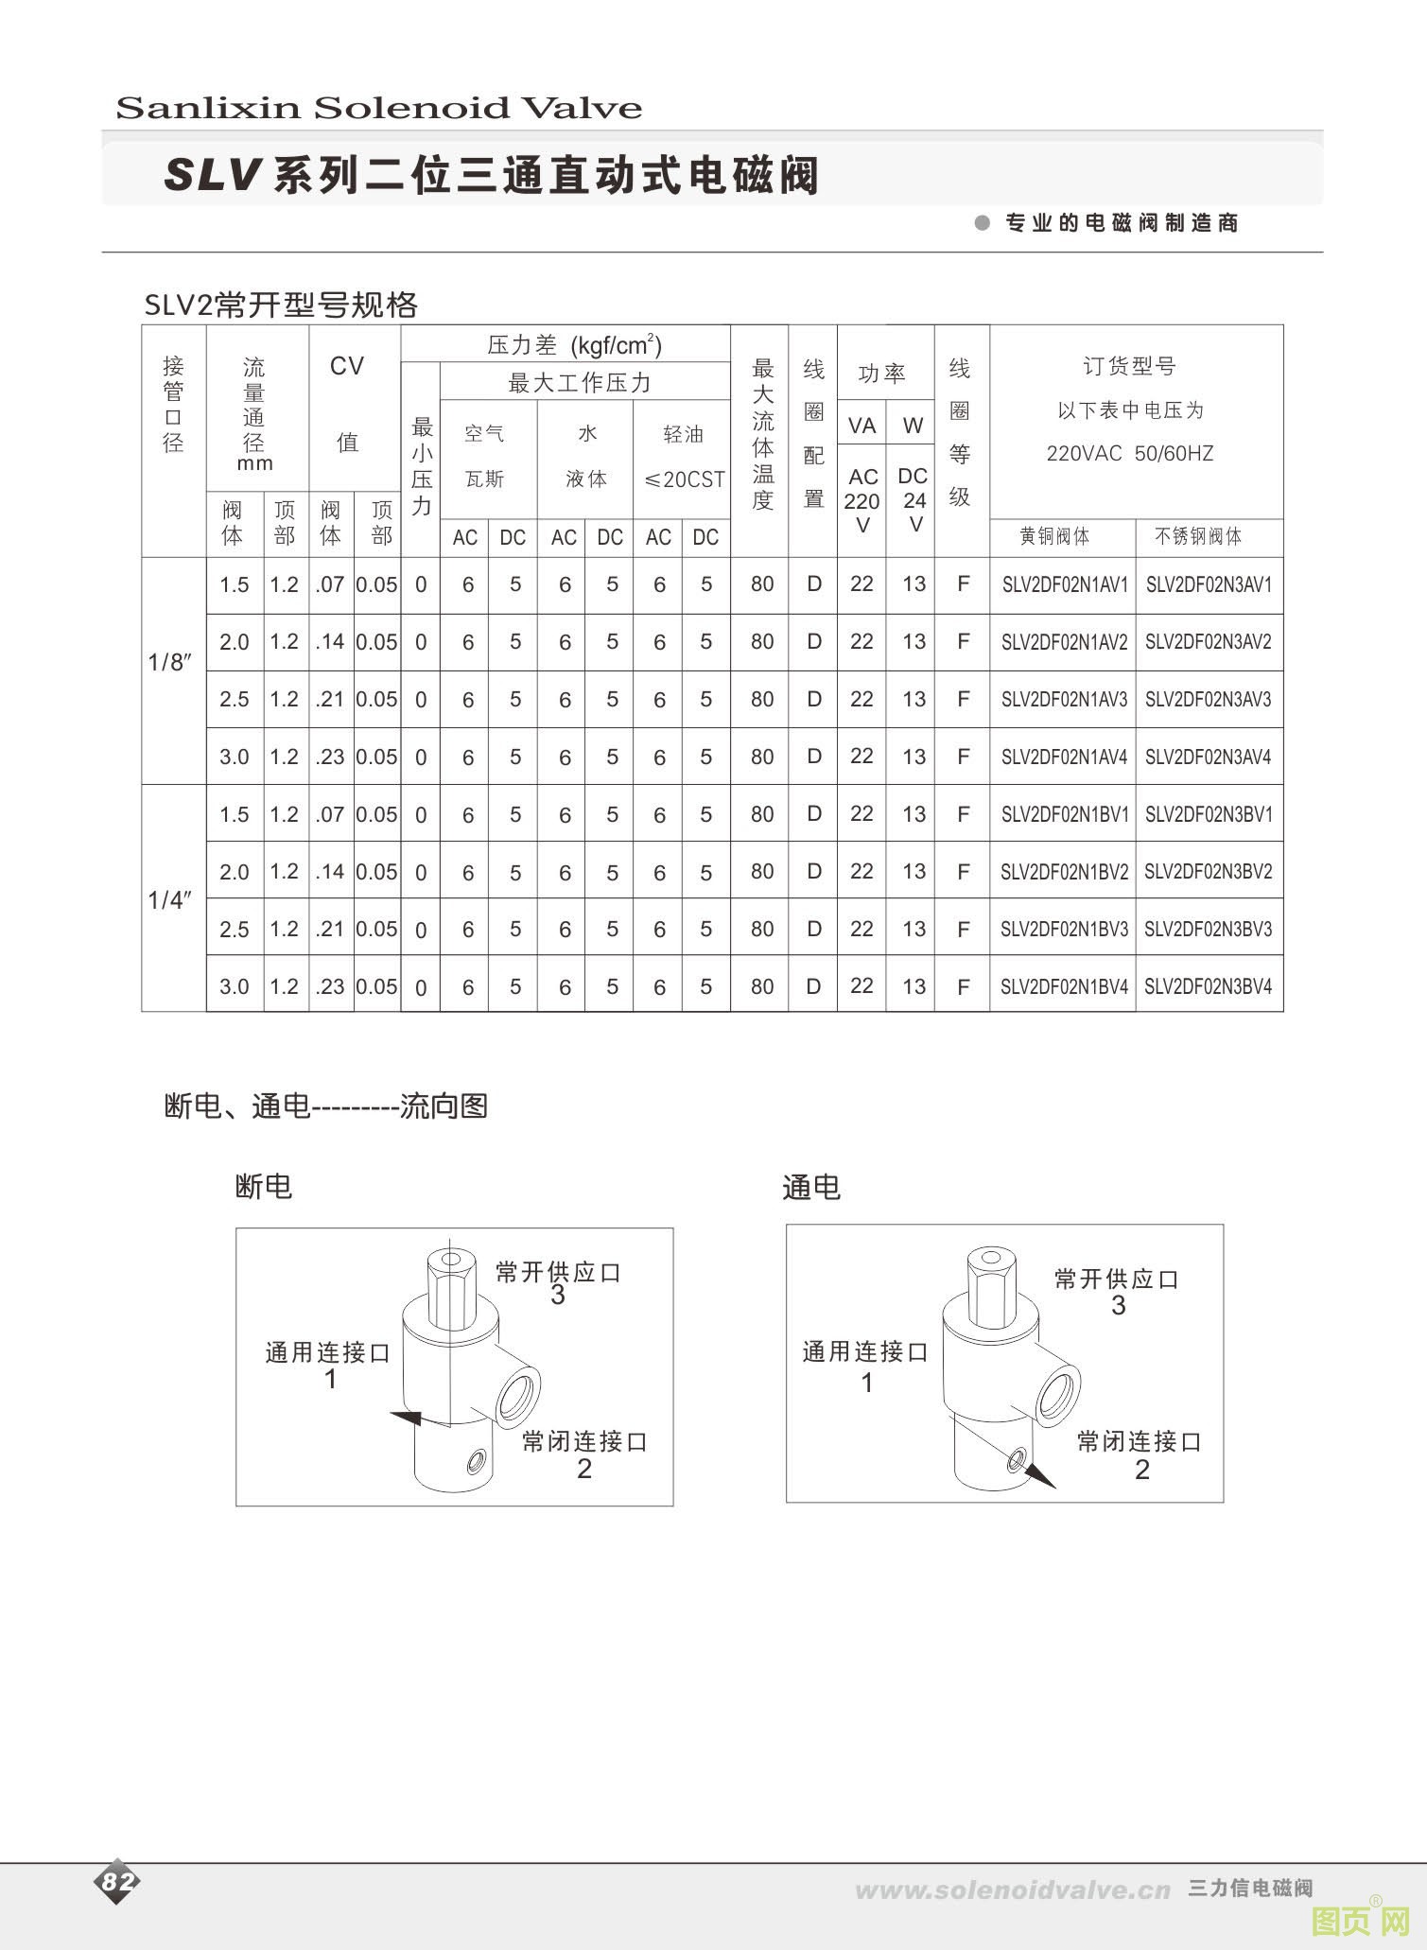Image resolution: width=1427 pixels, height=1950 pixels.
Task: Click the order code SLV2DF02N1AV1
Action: point(1065,584)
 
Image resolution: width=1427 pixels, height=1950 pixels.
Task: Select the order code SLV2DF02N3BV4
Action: point(1208,986)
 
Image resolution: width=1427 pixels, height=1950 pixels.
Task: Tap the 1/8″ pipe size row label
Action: point(170,662)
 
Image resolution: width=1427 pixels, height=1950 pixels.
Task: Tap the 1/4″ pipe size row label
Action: point(170,900)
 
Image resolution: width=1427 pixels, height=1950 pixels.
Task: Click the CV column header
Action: point(347,367)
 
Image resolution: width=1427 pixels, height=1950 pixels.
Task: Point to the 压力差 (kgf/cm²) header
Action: point(574,345)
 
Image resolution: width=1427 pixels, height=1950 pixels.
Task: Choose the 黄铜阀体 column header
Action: point(1054,536)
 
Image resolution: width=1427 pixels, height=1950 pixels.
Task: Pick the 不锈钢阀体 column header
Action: point(1197,536)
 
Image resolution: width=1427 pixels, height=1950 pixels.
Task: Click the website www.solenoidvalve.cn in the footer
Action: point(1012,1890)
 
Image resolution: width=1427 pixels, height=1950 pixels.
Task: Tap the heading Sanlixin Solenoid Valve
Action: point(378,108)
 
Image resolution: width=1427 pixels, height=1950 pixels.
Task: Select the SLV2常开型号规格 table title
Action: point(281,305)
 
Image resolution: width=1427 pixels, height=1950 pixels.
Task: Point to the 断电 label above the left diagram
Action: point(264,1187)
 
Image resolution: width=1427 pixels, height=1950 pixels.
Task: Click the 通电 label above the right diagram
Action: point(811,1188)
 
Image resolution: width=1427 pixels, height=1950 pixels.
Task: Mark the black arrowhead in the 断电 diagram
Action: point(408,1417)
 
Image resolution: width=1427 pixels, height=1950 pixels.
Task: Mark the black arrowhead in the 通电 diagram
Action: point(1040,1474)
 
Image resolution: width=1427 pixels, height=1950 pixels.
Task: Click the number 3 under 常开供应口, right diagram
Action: point(1119,1306)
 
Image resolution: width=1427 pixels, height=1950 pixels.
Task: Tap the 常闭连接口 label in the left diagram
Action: point(584,1441)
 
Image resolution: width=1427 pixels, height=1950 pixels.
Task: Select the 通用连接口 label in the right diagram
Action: point(865,1352)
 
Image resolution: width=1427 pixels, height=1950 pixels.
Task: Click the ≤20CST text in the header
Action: point(684,479)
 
